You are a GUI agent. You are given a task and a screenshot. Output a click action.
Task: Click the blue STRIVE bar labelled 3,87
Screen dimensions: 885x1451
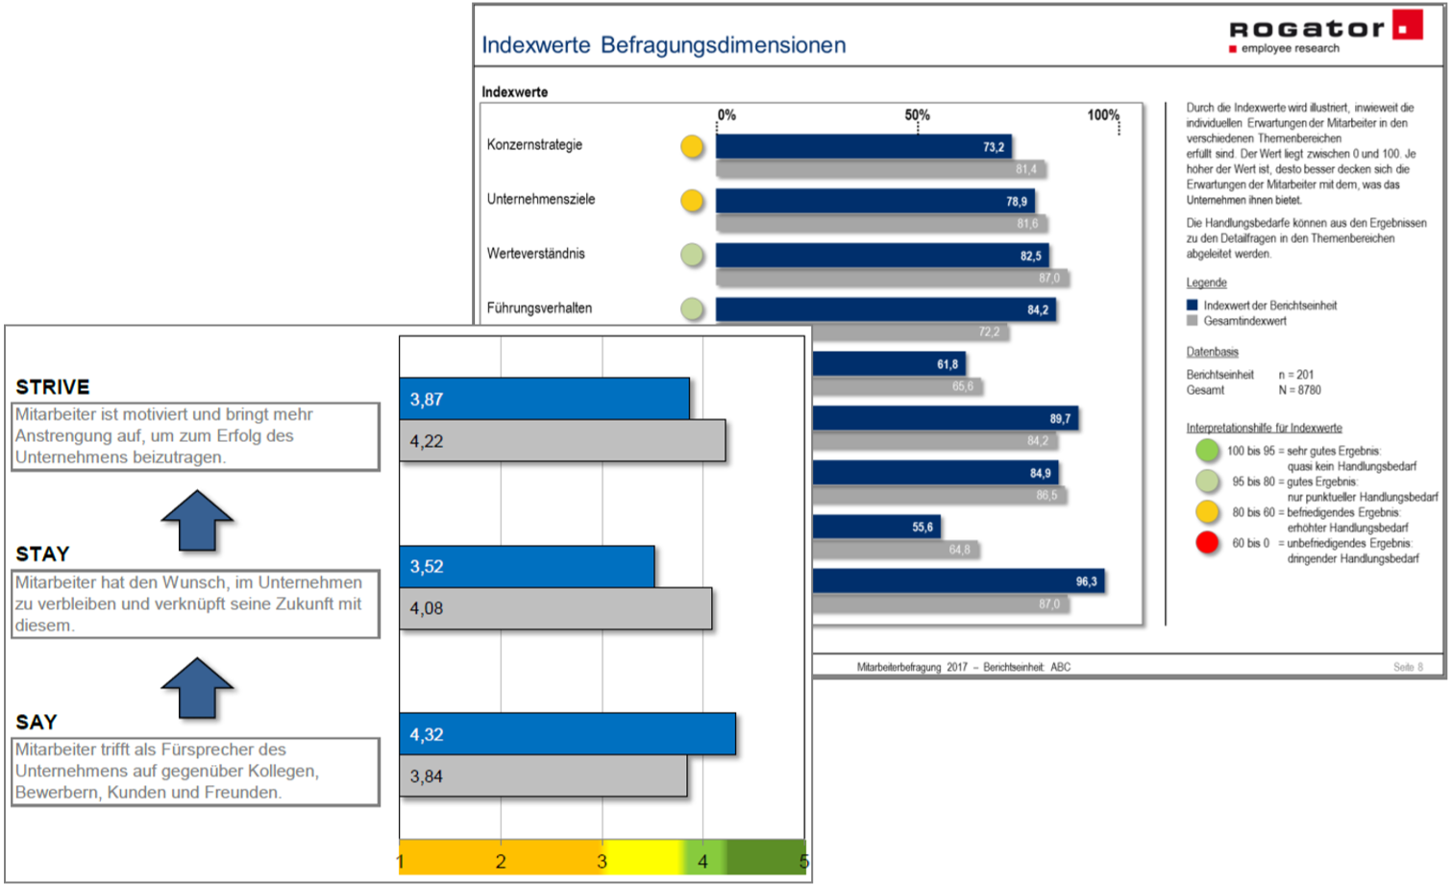click(544, 399)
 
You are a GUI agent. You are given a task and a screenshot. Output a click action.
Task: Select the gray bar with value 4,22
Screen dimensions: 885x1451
click(562, 441)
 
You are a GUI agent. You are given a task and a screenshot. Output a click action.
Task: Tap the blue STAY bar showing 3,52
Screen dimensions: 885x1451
click(527, 566)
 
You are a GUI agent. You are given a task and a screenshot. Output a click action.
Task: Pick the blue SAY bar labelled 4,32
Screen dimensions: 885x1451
click(567, 734)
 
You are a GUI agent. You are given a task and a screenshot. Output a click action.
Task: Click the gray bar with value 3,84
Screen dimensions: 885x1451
click(543, 776)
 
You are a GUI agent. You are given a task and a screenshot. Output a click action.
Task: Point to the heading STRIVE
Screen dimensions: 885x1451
click(53, 387)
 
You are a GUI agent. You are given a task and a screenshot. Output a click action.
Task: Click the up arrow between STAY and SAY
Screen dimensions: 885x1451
click(197, 688)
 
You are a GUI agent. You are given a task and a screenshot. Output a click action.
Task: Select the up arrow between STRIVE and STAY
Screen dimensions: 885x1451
click(197, 520)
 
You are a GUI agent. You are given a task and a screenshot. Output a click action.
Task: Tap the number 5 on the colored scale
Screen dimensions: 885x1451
click(803, 862)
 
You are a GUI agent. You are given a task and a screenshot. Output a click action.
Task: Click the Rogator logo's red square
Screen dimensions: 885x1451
click(1408, 25)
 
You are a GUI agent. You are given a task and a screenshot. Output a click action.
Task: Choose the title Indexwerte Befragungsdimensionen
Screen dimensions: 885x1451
click(663, 45)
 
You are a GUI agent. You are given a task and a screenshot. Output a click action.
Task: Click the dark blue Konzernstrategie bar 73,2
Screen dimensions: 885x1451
click(863, 146)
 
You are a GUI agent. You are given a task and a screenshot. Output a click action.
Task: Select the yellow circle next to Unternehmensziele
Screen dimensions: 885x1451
click(692, 201)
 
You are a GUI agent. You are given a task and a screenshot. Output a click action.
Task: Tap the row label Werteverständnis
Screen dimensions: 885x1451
click(535, 254)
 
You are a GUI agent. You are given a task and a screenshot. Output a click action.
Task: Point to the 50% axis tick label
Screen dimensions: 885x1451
click(917, 115)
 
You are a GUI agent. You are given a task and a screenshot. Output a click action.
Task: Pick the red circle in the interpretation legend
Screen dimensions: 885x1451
click(1207, 543)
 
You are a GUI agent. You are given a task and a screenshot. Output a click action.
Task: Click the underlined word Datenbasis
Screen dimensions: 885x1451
click(1212, 352)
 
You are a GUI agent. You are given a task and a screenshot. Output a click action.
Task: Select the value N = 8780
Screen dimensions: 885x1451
click(1299, 390)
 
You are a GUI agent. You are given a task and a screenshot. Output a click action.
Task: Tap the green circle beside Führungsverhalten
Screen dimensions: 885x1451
click(692, 309)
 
